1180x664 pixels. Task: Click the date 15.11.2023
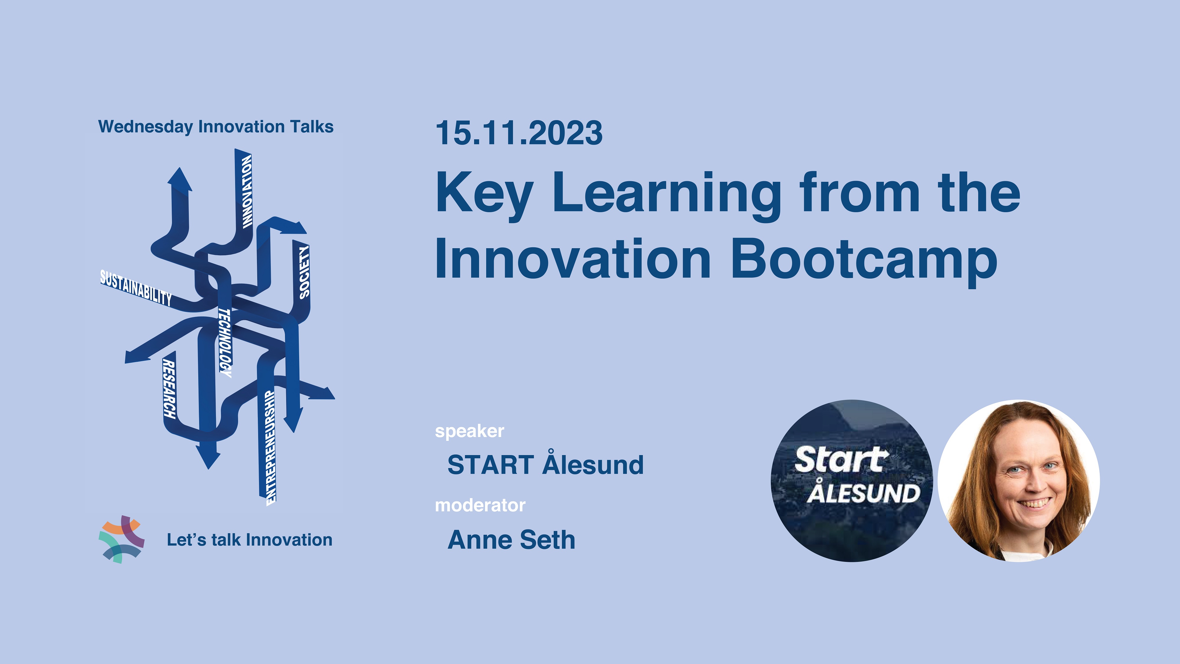(519, 133)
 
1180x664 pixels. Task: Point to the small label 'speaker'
(470, 431)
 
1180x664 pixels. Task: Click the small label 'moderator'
(480, 505)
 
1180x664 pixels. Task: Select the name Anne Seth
(511, 539)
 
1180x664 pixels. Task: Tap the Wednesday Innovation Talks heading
(216, 127)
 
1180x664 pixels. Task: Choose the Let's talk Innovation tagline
(250, 540)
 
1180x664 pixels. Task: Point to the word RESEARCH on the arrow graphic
(169, 389)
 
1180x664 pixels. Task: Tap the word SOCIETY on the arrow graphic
(304, 272)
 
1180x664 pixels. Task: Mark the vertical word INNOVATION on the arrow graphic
(247, 191)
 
